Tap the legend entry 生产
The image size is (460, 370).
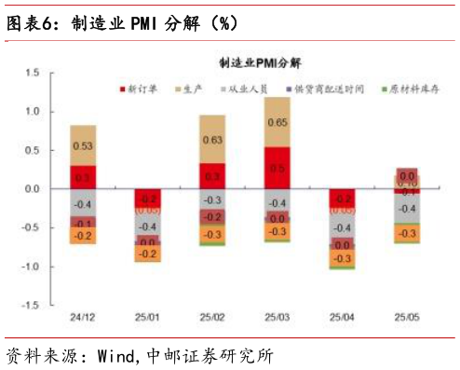[x=192, y=89]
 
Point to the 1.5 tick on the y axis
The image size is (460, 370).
[x=31, y=72]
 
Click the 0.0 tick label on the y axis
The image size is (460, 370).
[x=31, y=188]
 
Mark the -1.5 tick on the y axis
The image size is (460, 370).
[x=29, y=305]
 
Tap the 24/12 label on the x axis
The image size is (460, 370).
[x=83, y=318]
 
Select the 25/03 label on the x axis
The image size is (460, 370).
[x=277, y=318]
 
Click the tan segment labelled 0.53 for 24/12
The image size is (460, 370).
[x=83, y=145]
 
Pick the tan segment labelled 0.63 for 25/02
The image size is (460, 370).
[x=212, y=140]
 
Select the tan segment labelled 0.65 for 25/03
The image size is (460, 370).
[x=277, y=122]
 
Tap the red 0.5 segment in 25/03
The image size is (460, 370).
[x=277, y=168]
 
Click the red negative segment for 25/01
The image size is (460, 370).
[x=147, y=199]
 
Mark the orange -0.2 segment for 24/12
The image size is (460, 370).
[x=83, y=237]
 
